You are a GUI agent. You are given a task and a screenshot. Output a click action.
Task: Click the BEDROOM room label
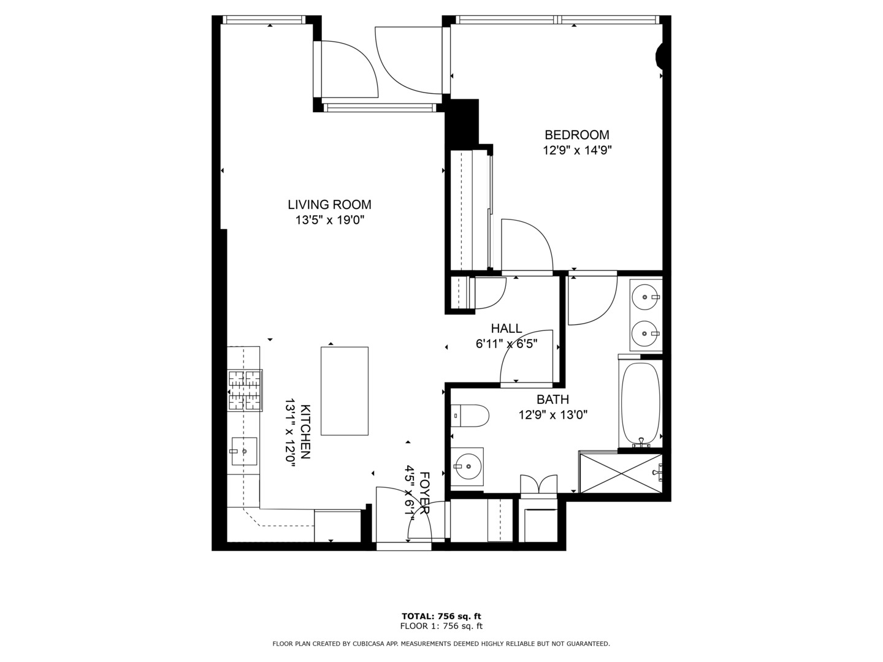pyautogui.click(x=576, y=135)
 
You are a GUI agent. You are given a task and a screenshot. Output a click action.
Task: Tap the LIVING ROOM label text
pyautogui.click(x=329, y=205)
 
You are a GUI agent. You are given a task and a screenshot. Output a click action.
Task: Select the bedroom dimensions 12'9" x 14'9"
pyautogui.click(x=577, y=150)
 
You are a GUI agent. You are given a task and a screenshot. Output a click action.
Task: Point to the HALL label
pyautogui.click(x=506, y=329)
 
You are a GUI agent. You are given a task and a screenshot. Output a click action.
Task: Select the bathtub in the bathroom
pyautogui.click(x=641, y=403)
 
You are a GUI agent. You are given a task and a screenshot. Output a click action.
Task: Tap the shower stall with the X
pyautogui.click(x=621, y=472)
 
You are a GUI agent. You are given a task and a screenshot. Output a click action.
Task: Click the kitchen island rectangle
pyautogui.click(x=345, y=391)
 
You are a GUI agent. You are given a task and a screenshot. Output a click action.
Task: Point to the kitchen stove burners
pyautogui.click(x=245, y=390)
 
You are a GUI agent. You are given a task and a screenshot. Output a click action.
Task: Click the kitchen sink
pyautogui.click(x=243, y=452)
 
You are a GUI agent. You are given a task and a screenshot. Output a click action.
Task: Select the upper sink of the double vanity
pyautogui.click(x=645, y=297)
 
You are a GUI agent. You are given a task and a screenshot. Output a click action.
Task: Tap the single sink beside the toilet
pyautogui.click(x=467, y=466)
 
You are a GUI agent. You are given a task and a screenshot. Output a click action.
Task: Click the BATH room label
pyautogui.click(x=552, y=400)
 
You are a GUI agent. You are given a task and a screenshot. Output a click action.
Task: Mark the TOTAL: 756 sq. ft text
pyautogui.click(x=441, y=616)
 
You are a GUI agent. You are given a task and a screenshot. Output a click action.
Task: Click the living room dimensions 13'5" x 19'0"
pyautogui.click(x=330, y=221)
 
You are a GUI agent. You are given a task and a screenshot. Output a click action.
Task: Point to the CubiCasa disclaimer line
pyautogui.click(x=441, y=644)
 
